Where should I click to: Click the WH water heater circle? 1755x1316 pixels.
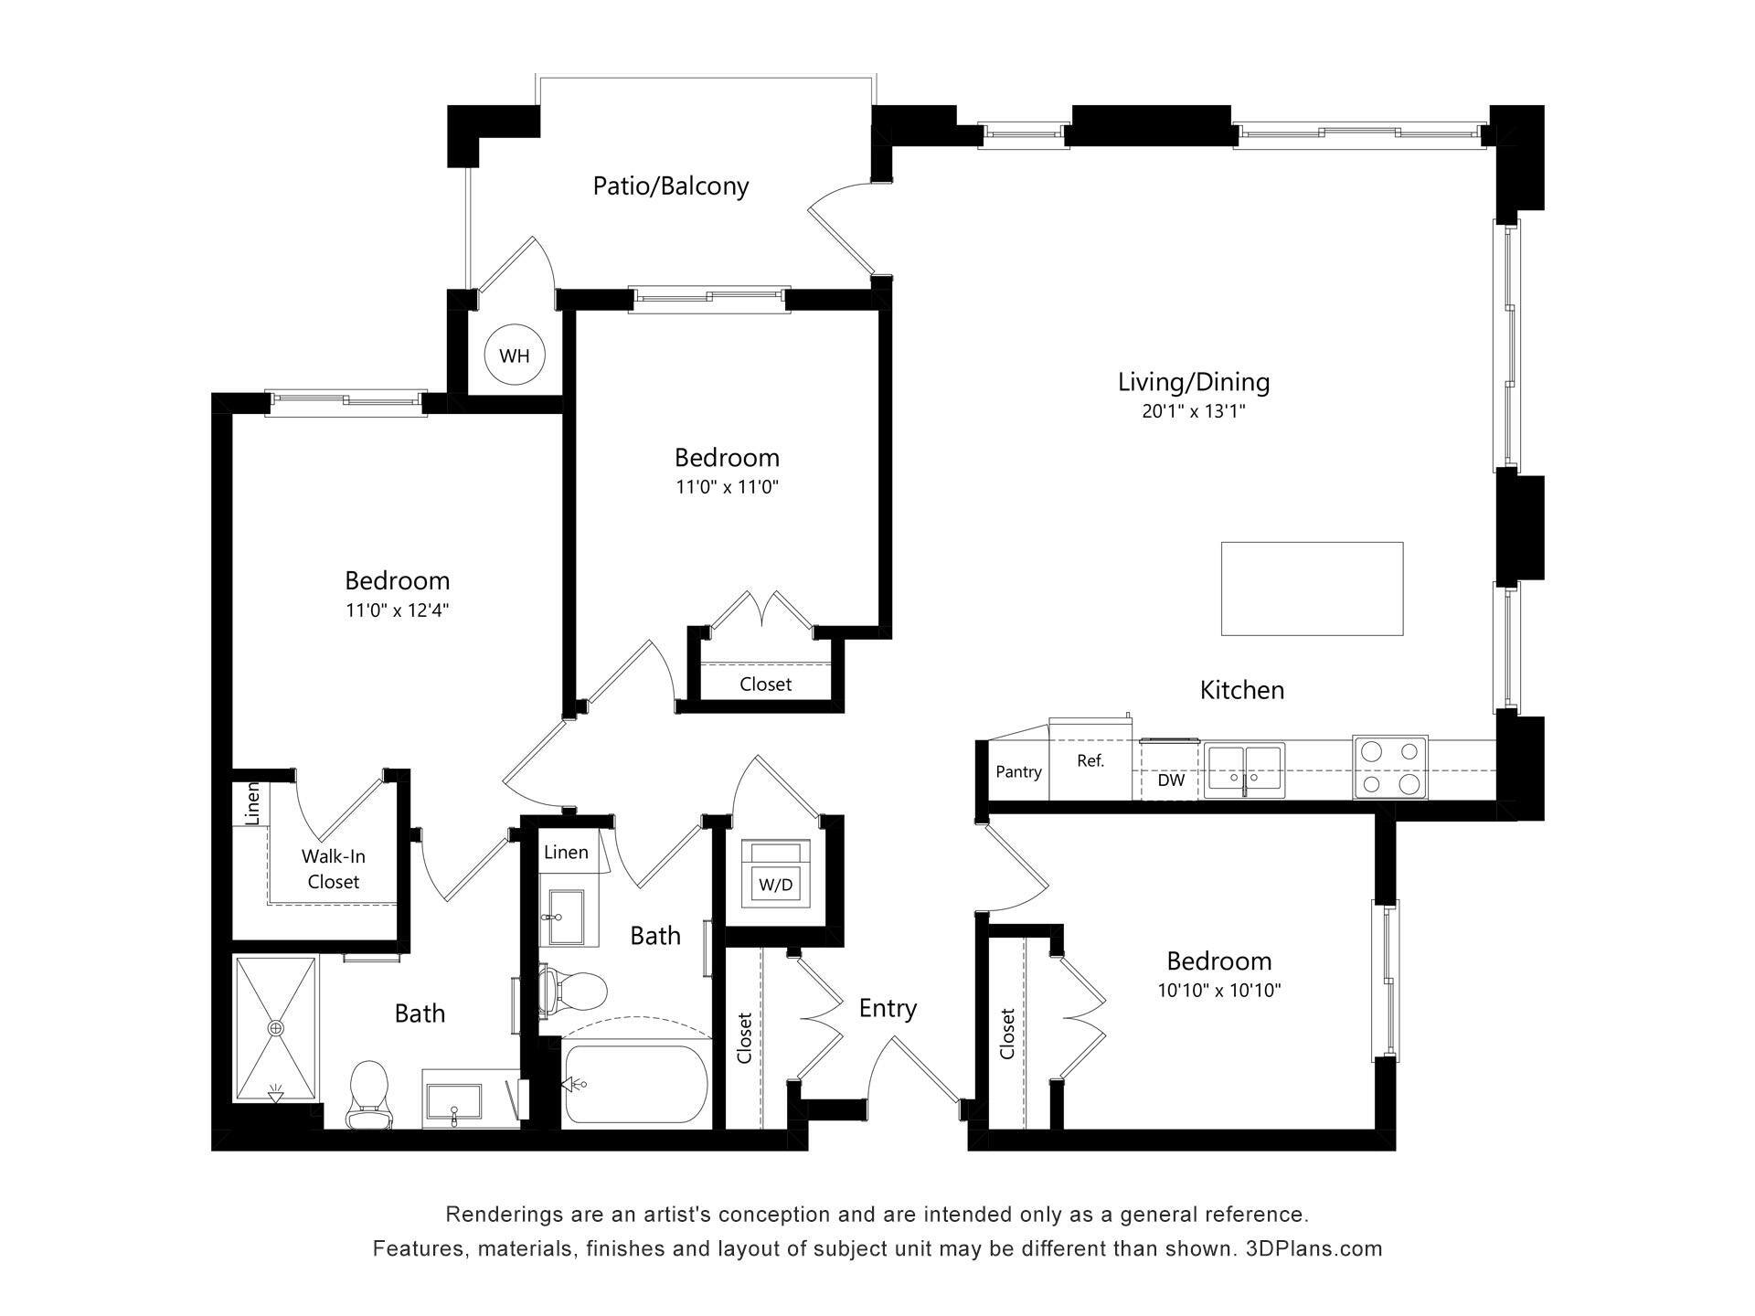[515, 356]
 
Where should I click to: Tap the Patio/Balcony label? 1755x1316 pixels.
[671, 186]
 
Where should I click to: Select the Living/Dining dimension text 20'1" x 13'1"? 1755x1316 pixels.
[1194, 412]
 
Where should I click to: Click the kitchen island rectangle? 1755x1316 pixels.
[1312, 589]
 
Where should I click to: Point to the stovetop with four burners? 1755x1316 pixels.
[1390, 767]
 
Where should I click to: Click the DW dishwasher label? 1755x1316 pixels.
[1171, 780]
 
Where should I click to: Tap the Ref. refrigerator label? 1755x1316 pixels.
[1090, 760]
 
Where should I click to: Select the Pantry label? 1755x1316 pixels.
[1018, 772]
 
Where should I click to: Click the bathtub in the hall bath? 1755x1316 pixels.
[635, 1084]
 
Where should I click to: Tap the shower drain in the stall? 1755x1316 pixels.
[276, 1028]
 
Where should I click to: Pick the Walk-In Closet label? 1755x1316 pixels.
[333, 869]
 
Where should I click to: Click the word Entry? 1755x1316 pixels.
[888, 1009]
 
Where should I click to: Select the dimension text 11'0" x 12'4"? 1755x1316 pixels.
[398, 610]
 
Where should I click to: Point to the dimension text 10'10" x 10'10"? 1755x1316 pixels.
[1219, 991]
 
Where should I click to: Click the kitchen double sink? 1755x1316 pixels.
[1243, 769]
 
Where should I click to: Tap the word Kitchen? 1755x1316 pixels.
[1241, 690]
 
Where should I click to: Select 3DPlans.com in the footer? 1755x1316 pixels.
[1314, 1248]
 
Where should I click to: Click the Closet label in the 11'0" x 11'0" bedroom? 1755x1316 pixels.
[765, 685]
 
